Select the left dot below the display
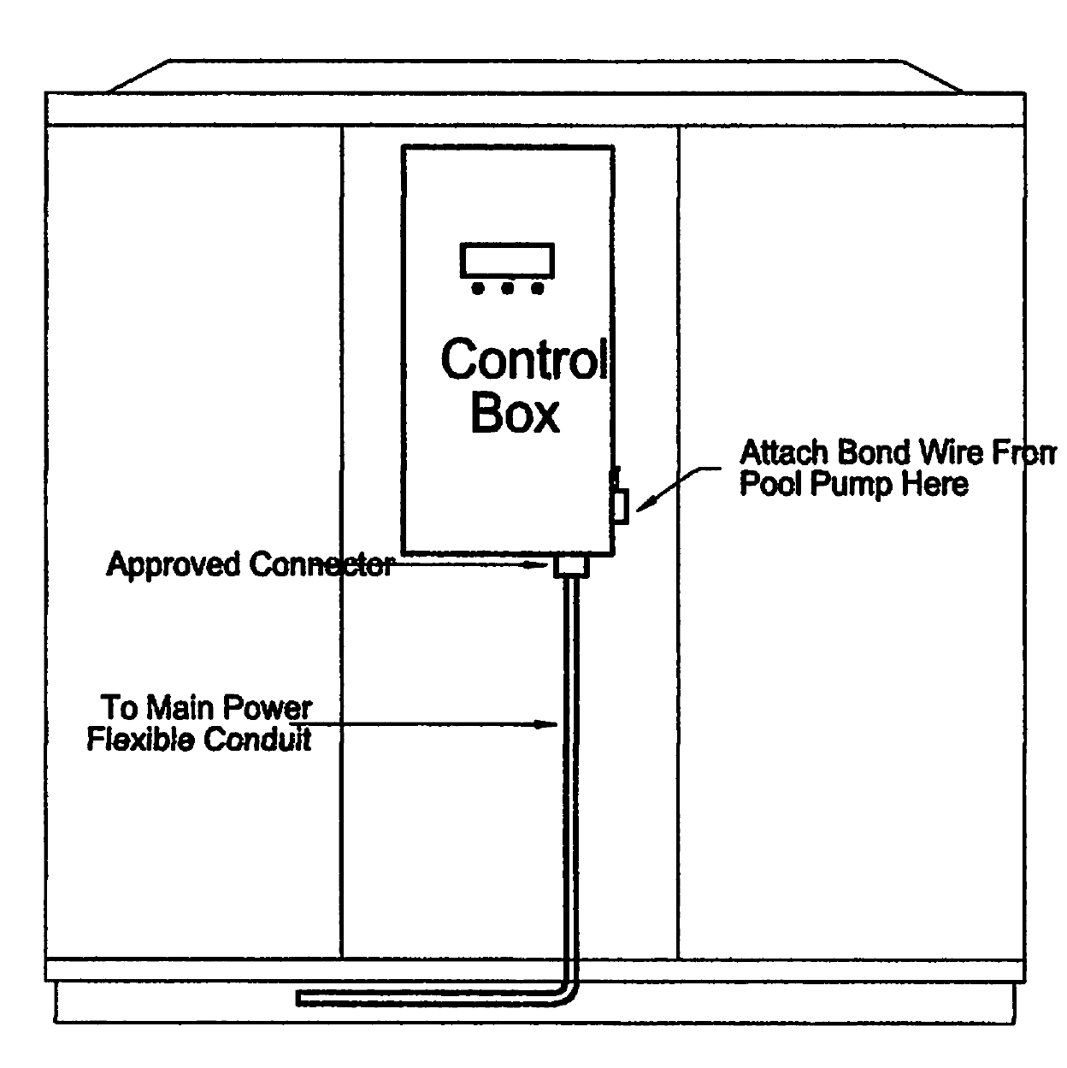point(478,289)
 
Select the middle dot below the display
point(508,289)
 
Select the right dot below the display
point(537,289)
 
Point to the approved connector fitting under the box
point(571,566)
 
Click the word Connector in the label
point(321,565)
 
